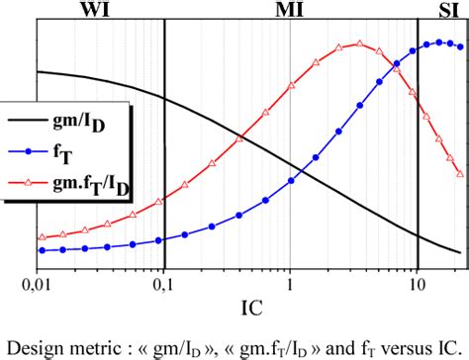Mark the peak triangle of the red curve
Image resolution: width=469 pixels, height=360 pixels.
(359, 44)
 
